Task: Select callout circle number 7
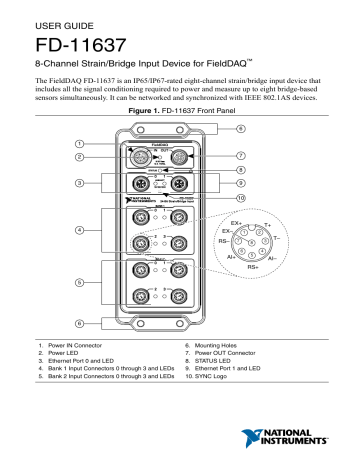(240, 156)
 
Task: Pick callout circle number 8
(240, 171)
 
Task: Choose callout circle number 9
(240, 184)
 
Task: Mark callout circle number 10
(240, 199)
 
